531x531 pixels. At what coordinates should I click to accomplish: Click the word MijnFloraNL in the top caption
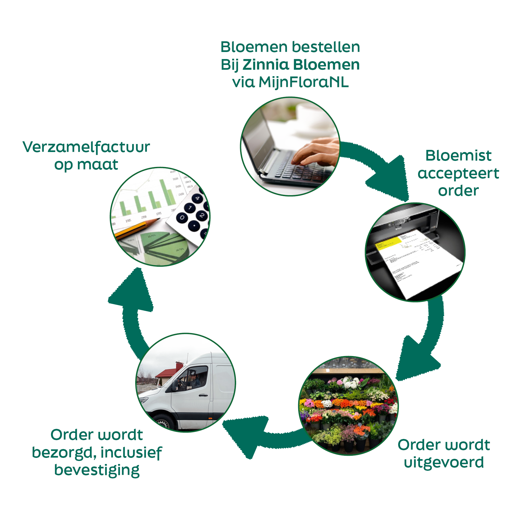pos(303,83)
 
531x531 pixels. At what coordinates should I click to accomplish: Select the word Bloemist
pos(458,155)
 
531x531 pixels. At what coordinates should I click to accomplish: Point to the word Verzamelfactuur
pos(86,147)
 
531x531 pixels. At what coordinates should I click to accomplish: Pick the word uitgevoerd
pos(444,462)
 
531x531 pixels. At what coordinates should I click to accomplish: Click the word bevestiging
pos(97,470)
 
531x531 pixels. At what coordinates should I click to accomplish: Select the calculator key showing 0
pos(182,217)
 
